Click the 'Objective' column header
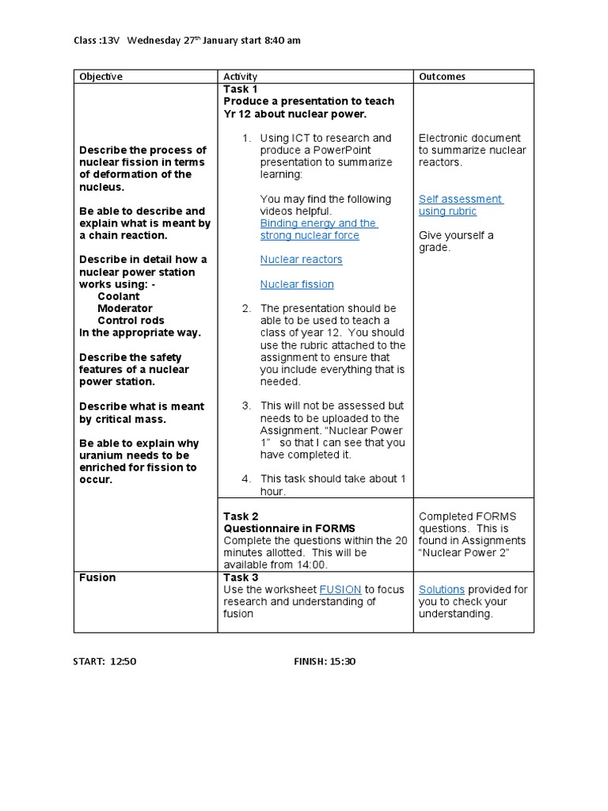click(101, 77)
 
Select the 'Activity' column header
click(241, 77)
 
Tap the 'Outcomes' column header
click(442, 77)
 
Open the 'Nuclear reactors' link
click(301, 260)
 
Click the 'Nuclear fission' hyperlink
click(297, 284)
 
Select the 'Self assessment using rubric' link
click(460, 205)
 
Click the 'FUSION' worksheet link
click(340, 590)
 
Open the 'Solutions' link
click(442, 590)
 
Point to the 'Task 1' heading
click(241, 89)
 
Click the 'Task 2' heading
click(241, 516)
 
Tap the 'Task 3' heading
click(241, 577)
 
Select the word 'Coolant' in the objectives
click(118, 296)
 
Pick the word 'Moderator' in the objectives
click(125, 309)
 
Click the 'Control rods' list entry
click(131, 321)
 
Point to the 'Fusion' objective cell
click(97, 577)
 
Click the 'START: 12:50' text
click(105, 661)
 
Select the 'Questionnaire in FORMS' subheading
click(289, 528)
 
